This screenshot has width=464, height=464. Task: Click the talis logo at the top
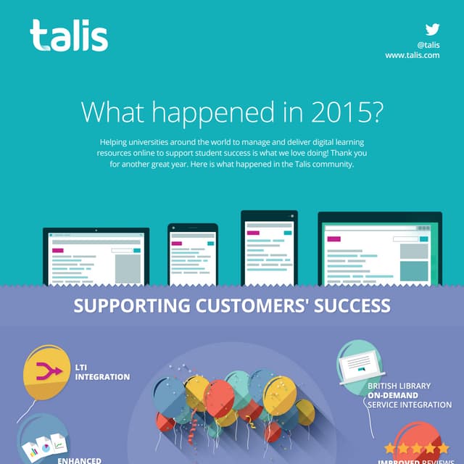click(69, 36)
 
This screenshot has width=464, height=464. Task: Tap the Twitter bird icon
click(432, 30)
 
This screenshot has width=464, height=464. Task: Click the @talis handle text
click(428, 44)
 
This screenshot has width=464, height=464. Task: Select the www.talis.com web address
click(412, 54)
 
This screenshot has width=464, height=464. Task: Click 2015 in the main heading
click(347, 112)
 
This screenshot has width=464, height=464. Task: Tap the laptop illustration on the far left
click(96, 256)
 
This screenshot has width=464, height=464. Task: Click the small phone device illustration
click(192, 254)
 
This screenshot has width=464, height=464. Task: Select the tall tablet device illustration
click(268, 248)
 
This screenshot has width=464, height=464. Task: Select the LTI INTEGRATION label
click(102, 372)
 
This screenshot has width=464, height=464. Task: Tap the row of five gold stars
click(416, 449)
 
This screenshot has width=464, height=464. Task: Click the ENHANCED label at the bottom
click(79, 460)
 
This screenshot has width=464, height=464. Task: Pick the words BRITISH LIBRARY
click(399, 386)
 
